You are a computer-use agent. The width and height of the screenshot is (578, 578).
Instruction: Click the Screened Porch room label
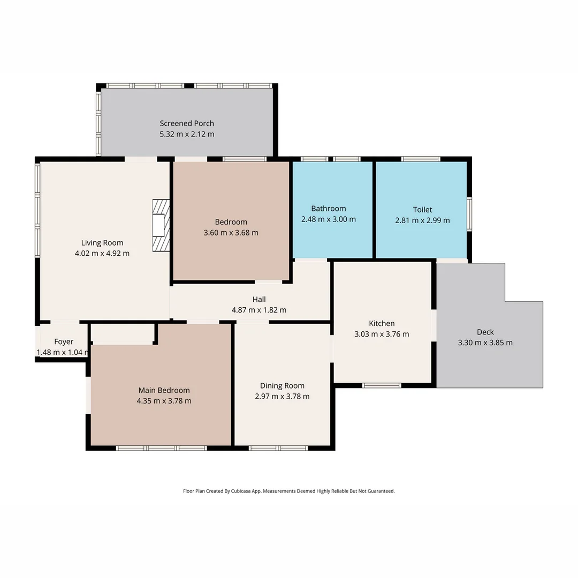(187, 123)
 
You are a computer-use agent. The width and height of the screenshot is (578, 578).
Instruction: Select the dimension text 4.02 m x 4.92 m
(102, 253)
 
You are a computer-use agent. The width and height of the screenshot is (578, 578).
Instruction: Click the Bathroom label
(329, 208)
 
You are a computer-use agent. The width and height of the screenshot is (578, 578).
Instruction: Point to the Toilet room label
(422, 209)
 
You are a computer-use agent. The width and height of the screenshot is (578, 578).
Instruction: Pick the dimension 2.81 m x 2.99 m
(422, 220)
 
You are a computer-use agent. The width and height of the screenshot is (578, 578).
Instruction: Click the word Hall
(259, 299)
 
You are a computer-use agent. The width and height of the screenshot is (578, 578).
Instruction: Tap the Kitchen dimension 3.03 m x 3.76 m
(382, 334)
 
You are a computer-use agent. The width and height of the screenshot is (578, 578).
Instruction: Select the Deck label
(485, 332)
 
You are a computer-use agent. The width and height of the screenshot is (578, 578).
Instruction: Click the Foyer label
(64, 341)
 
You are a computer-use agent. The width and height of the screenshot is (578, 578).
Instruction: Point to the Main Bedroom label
(164, 390)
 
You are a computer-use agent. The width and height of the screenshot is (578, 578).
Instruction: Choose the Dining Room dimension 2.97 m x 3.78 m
(282, 396)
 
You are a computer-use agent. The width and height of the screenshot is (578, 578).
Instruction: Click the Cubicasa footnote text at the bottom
(289, 491)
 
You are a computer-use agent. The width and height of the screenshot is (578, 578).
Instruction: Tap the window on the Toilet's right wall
(469, 214)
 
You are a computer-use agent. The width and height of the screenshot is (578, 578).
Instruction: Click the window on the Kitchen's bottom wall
(382, 385)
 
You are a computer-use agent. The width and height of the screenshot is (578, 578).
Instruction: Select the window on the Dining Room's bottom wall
(278, 448)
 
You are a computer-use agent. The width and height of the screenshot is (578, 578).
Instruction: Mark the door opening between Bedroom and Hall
(268, 282)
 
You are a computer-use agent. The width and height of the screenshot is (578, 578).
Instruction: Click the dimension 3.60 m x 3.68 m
(231, 232)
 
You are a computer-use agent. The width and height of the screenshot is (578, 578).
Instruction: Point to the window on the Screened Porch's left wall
(98, 123)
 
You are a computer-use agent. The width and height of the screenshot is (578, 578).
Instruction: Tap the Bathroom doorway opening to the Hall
(311, 260)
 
